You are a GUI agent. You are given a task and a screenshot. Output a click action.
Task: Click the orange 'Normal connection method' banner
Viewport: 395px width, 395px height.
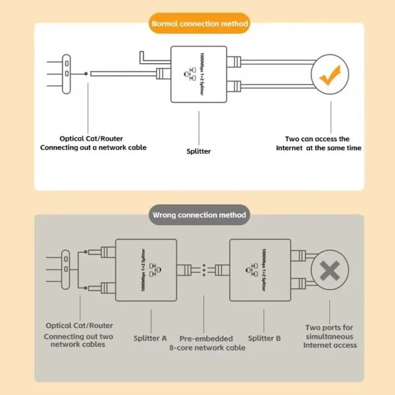[199, 24]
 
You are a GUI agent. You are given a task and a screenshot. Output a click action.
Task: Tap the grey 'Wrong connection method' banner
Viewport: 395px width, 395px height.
[199, 215]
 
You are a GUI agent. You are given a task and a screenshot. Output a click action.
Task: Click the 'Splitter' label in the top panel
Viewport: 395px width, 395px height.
[199, 151]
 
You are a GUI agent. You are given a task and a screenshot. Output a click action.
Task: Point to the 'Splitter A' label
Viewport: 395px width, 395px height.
[150, 338]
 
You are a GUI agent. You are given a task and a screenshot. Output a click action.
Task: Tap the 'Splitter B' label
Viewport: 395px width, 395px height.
[265, 338]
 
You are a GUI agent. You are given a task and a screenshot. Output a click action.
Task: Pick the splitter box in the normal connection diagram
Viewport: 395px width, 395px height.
[199, 74]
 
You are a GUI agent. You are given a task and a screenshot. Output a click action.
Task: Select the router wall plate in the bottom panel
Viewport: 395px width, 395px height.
[66, 269]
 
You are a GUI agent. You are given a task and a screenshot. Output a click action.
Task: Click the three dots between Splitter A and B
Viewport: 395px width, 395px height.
[204, 269]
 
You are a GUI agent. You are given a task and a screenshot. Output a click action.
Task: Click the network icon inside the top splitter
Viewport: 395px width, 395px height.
[192, 74]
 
